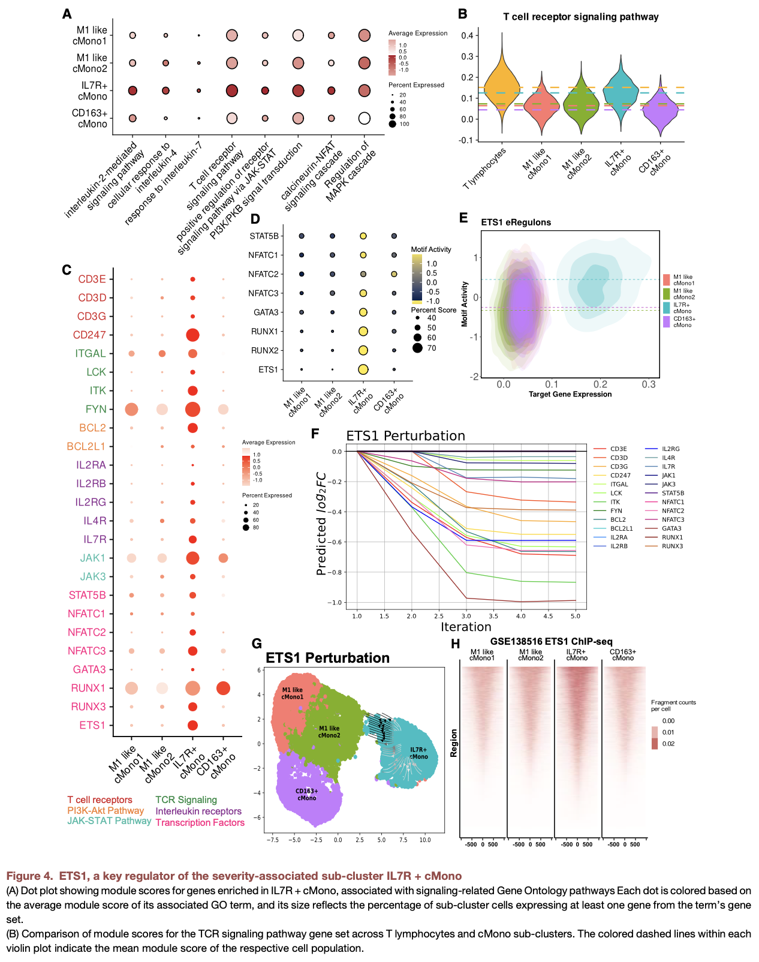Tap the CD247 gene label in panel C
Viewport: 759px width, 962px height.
coord(89,335)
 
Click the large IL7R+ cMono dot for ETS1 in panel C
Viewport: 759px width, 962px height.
coord(192,725)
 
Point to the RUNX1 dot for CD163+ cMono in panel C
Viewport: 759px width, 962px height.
coord(223,688)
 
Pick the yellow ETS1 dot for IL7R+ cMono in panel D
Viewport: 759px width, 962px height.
coord(363,369)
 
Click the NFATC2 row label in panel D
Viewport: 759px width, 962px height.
coord(263,274)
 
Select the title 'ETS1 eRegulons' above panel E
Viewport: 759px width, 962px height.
coord(516,222)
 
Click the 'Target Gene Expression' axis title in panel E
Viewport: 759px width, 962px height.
coord(570,394)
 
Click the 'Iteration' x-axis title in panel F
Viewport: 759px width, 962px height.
coord(466,627)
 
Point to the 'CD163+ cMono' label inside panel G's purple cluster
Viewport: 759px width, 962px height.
coord(306,794)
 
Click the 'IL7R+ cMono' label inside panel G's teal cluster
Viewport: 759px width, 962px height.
coord(418,753)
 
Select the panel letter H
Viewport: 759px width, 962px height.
coord(456,644)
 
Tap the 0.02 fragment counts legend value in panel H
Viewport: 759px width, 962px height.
coord(668,744)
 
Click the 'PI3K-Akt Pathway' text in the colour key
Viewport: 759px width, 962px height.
coord(106,811)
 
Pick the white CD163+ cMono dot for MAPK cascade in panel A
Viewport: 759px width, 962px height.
coord(364,118)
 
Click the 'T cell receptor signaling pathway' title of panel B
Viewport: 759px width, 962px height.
coord(580,17)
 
